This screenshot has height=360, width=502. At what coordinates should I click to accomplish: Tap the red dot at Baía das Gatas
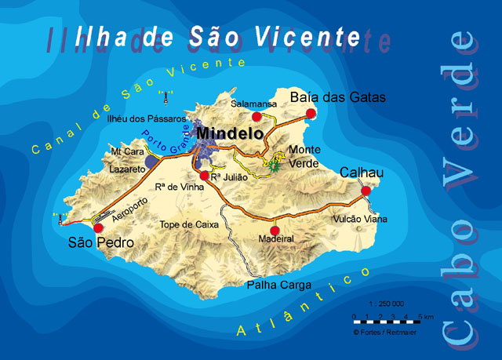pos(311,114)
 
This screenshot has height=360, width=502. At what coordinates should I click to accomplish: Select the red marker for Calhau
pos(366,191)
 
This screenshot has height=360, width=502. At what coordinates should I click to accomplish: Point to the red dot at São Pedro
pos(98,227)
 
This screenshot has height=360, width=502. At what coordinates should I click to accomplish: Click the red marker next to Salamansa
pos(256,116)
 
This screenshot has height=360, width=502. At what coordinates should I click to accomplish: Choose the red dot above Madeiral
pos(274,220)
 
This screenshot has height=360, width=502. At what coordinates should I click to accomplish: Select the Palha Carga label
pos(280,285)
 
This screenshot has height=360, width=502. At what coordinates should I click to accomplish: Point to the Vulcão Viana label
pos(360,220)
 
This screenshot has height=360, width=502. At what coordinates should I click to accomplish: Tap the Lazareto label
pos(128,169)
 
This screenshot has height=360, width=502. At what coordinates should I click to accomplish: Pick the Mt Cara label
pos(127,152)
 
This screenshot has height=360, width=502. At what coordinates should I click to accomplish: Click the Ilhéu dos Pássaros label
pos(146,119)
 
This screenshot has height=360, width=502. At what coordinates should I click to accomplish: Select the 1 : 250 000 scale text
pos(385,304)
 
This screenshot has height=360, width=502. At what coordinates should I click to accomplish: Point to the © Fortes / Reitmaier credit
pos(386,332)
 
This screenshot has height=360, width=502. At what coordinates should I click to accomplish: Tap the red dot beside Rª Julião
pos(204,176)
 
